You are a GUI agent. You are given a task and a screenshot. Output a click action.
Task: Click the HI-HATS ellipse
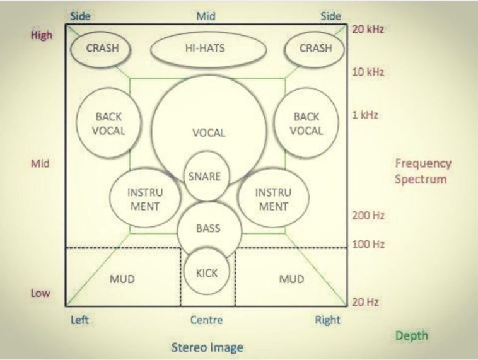point(205,49)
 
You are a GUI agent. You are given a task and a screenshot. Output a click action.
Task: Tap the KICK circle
point(207,273)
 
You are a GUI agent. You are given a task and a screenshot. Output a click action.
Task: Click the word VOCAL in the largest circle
point(208,133)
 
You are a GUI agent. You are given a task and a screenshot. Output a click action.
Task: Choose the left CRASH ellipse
point(102,49)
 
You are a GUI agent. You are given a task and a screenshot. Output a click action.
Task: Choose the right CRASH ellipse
point(315,49)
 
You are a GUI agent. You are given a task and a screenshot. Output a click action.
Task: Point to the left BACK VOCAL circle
point(110,124)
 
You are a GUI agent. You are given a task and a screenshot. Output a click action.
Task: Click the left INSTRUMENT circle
point(144,199)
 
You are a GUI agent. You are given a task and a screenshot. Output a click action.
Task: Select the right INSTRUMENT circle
point(272,199)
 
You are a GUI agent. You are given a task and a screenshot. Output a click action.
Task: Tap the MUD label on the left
point(122,279)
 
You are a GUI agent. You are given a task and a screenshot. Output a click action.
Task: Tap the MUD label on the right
point(291,279)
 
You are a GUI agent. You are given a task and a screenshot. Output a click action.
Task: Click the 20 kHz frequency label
point(368,28)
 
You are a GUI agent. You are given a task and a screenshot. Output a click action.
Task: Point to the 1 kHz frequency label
point(364,116)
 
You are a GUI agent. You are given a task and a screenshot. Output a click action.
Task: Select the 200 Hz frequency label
point(368,216)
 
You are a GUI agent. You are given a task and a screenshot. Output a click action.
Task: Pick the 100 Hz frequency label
point(368,244)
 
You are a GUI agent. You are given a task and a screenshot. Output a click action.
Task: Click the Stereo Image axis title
point(207,347)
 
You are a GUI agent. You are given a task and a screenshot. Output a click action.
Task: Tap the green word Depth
point(412,336)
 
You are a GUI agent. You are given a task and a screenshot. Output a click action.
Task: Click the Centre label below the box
point(206,320)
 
